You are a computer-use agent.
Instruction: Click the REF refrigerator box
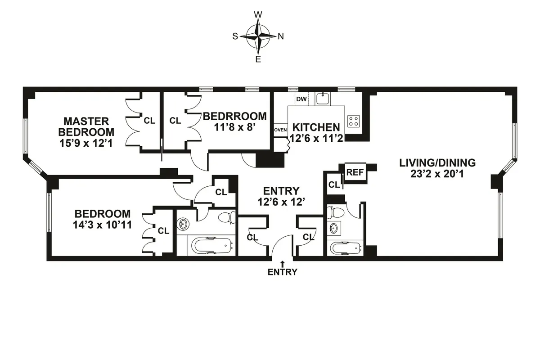pyautogui.click(x=355, y=172)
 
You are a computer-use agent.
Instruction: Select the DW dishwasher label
pyautogui.click(x=301, y=99)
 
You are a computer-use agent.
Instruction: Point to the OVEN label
pyautogui.click(x=280, y=130)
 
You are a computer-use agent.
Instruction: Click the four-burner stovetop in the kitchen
pyautogui.click(x=354, y=121)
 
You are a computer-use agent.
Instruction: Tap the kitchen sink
pyautogui.click(x=323, y=99)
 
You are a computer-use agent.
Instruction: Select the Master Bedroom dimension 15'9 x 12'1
pyautogui.click(x=86, y=144)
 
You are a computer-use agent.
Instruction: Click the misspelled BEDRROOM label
pyautogui.click(x=234, y=116)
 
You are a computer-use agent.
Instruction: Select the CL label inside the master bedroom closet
pyautogui.click(x=149, y=121)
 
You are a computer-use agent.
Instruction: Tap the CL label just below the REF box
pyautogui.click(x=333, y=184)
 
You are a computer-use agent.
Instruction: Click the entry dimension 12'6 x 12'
pyautogui.click(x=282, y=202)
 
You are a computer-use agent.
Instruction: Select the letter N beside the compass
pyautogui.click(x=281, y=37)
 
